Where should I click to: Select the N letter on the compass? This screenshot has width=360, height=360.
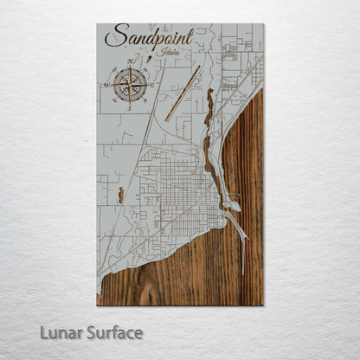click(x=129, y=61)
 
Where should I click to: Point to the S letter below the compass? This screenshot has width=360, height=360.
click(x=129, y=108)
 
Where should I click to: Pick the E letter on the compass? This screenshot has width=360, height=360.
click(x=153, y=85)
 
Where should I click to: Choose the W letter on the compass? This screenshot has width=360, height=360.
click(x=106, y=86)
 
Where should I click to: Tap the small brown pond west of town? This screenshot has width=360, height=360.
click(x=121, y=196)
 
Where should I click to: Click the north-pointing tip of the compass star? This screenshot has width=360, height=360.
click(x=129, y=69)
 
